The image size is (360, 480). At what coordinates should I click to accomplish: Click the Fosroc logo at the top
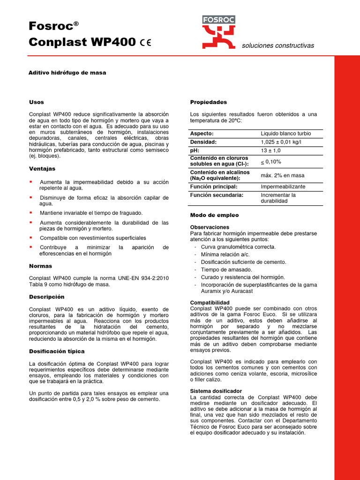click(x=218, y=32)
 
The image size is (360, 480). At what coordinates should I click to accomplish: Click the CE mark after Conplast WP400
click(x=145, y=43)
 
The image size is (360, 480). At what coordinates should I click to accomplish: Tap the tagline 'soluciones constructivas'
click(x=277, y=45)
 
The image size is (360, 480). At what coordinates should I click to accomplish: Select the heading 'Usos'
click(x=36, y=102)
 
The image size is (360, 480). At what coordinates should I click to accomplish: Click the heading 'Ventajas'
click(x=42, y=168)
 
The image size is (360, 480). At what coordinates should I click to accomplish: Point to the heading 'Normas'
click(x=41, y=266)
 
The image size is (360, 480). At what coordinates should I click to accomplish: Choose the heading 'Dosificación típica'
click(x=57, y=351)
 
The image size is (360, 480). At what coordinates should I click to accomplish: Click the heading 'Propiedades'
click(x=208, y=102)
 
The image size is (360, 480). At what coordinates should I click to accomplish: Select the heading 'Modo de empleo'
click(x=214, y=215)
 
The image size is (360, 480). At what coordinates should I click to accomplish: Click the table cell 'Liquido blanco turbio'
click(x=285, y=134)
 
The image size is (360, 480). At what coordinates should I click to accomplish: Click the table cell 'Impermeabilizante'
click(x=283, y=187)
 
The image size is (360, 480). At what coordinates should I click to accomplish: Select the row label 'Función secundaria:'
click(x=217, y=195)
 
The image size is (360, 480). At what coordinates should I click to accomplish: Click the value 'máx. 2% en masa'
click(x=282, y=175)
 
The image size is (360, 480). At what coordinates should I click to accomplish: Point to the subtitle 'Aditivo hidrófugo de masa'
click(x=67, y=73)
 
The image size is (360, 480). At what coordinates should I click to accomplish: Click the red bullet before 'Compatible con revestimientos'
click(x=30, y=238)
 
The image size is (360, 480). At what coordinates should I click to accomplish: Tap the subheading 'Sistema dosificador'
click(x=216, y=390)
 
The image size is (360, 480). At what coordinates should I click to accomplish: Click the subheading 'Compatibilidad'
click(x=210, y=303)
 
